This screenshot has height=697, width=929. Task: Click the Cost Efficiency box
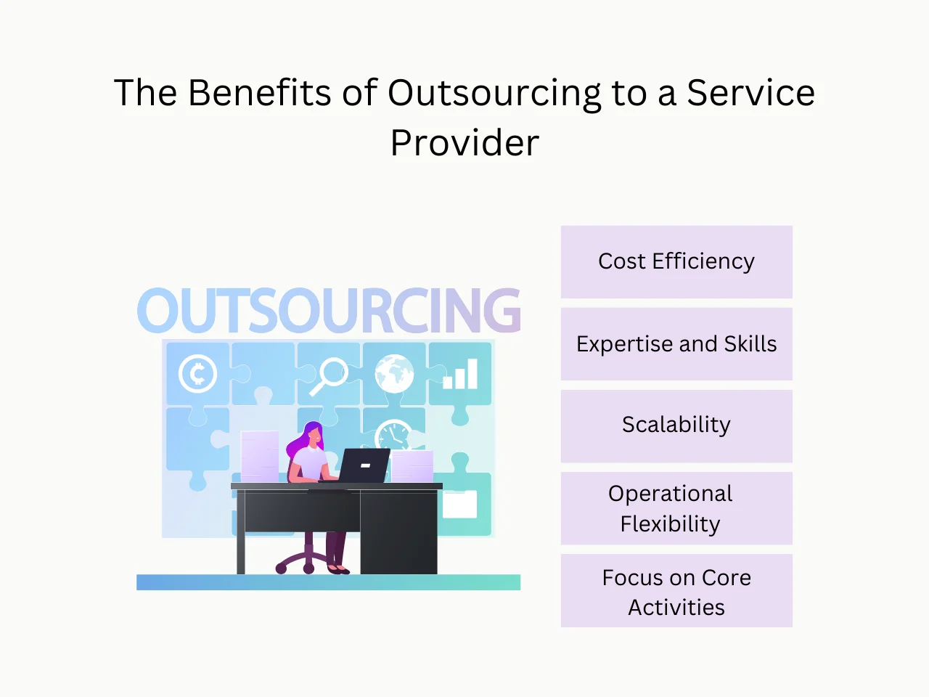pyautogui.click(x=676, y=261)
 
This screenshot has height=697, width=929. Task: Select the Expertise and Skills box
pyautogui.click(x=676, y=343)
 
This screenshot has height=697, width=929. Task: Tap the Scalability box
pyautogui.click(x=676, y=425)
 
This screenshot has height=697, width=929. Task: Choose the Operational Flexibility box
pyautogui.click(x=676, y=508)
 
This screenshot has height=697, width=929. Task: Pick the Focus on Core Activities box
pyautogui.click(x=676, y=591)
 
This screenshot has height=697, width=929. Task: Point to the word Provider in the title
pyautogui.click(x=464, y=143)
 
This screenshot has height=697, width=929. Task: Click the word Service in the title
pyautogui.click(x=750, y=93)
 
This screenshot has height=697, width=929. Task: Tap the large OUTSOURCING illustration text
pyautogui.click(x=329, y=311)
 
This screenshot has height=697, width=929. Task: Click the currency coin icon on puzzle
pyautogui.click(x=197, y=374)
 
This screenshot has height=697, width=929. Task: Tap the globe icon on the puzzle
pyautogui.click(x=394, y=373)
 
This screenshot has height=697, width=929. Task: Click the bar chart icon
pyautogui.click(x=460, y=374)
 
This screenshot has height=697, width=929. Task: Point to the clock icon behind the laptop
pyautogui.click(x=393, y=434)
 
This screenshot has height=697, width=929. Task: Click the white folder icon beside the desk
pyautogui.click(x=459, y=504)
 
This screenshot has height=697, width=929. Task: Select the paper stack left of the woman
pyautogui.click(x=259, y=455)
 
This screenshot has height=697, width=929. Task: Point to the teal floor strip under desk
pyautogui.click(x=328, y=582)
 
